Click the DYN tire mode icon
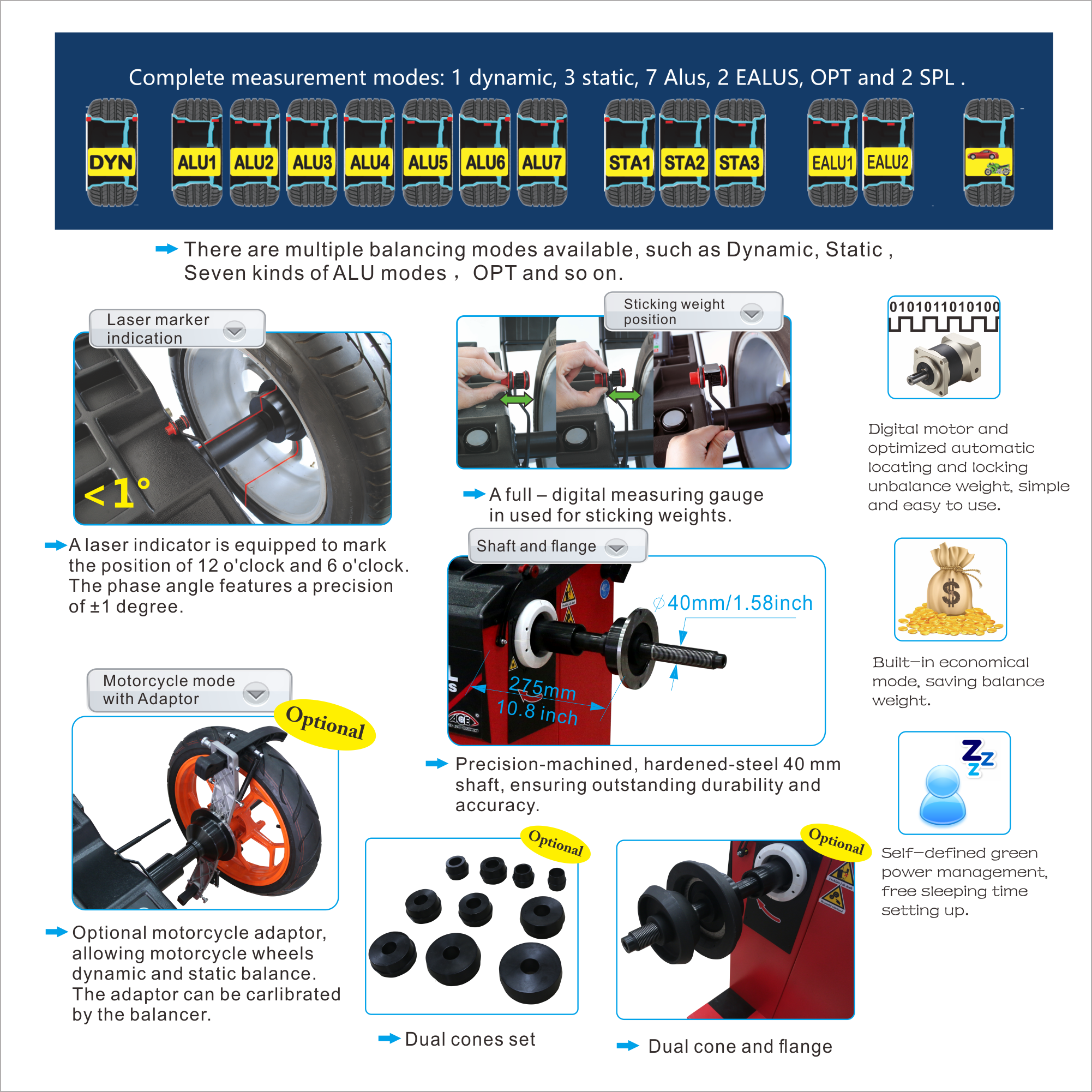point(111,153)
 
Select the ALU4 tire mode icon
point(370,153)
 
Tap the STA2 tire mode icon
point(685,153)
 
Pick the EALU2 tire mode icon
point(888,153)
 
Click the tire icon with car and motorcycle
point(988,153)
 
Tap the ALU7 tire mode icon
point(542,153)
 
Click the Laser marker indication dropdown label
point(177,328)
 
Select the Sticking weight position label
point(693,311)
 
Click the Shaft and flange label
point(557,545)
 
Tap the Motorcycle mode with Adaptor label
point(189,689)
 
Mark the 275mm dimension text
point(543,688)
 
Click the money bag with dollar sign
point(951,589)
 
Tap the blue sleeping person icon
point(942,794)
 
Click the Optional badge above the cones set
point(556,843)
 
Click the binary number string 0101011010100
point(945,307)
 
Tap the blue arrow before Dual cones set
point(389,1038)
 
